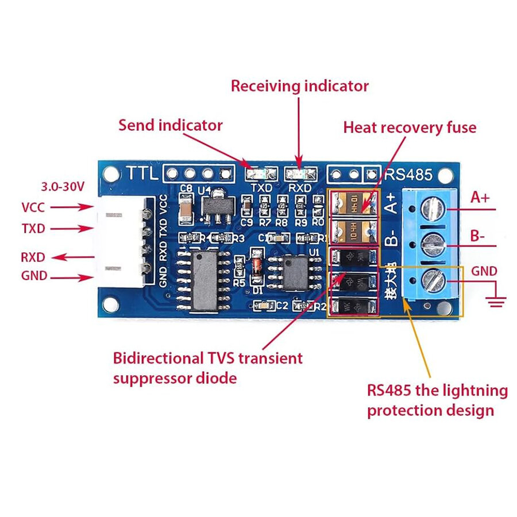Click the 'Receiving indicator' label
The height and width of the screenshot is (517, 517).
[299, 86]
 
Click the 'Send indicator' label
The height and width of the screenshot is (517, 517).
[170, 125]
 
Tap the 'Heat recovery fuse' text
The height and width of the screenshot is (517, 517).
[410, 127]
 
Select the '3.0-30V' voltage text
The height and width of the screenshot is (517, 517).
[63, 187]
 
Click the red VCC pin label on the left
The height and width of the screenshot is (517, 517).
[33, 207]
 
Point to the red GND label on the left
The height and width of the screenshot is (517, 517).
[34, 276]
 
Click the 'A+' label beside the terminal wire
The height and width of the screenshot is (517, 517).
[480, 198]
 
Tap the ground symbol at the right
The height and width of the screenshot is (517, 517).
[496, 297]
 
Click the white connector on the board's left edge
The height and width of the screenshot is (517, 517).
[121, 241]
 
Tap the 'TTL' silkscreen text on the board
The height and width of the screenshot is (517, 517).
[142, 173]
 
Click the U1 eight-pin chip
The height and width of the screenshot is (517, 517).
[296, 273]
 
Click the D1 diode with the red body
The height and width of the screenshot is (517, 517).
[257, 268]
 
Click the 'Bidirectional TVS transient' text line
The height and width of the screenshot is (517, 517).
[207, 358]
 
